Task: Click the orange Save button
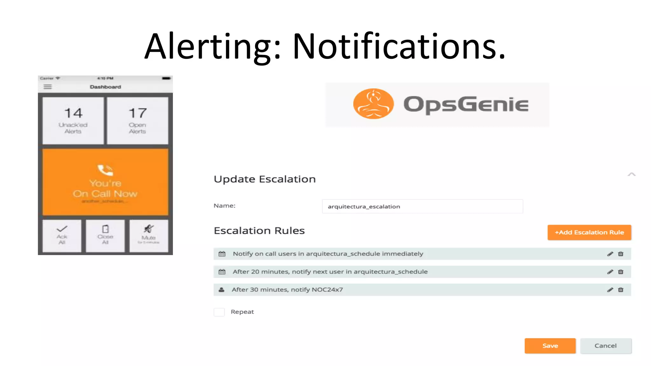(550, 346)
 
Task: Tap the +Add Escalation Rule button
(589, 232)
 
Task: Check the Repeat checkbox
(219, 312)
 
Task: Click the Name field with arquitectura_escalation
(422, 207)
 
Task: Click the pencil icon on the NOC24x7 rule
(610, 290)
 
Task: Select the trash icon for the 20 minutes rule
(620, 272)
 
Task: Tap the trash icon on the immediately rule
(620, 254)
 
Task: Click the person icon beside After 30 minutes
(222, 290)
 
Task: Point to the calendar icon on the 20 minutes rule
(222, 272)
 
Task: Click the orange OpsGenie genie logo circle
(373, 104)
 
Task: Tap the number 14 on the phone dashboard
(73, 113)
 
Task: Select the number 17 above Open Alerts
(138, 113)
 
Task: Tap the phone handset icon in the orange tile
(105, 170)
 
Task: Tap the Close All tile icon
(105, 229)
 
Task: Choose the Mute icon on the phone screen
(148, 229)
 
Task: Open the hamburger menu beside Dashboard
(48, 87)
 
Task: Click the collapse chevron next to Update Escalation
(631, 174)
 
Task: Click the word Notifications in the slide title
(399, 47)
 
